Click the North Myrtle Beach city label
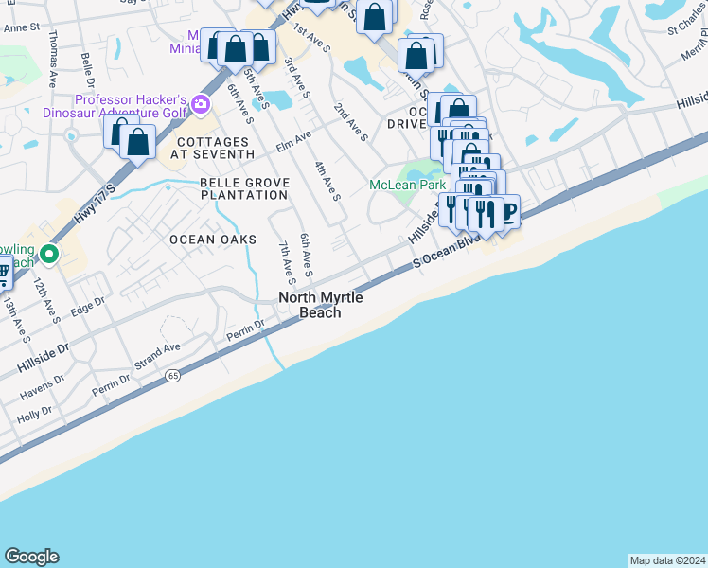tap(320, 305)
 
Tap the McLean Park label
tap(406, 185)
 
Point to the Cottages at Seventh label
tap(215, 147)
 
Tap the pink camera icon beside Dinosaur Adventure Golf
tap(200, 104)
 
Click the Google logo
tap(31, 557)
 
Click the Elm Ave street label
tap(293, 141)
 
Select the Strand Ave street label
tap(157, 354)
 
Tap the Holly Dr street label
tap(34, 414)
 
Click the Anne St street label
tap(21, 27)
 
